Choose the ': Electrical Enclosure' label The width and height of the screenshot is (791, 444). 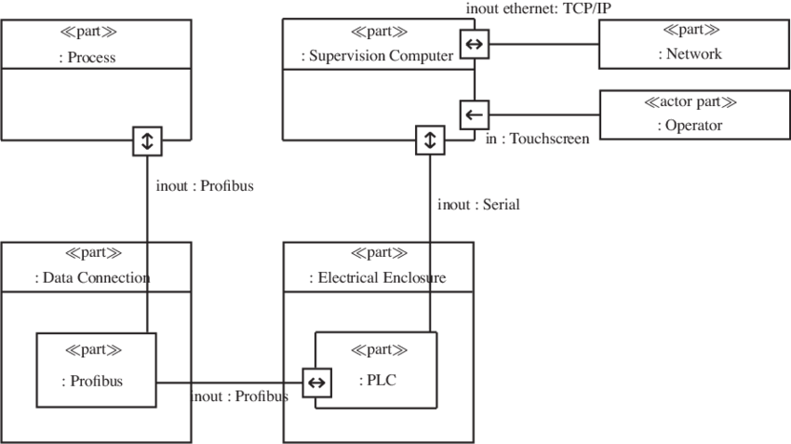pyautogui.click(x=377, y=277)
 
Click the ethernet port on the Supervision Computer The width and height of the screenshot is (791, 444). pyautogui.click(x=474, y=42)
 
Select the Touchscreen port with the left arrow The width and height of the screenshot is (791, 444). pyautogui.click(x=474, y=114)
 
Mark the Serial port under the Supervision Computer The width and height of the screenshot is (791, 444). pyautogui.click(x=429, y=141)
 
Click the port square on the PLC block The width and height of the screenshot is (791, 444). pyautogui.click(x=316, y=381)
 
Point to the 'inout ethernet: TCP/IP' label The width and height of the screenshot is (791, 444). pyautogui.click(x=537, y=8)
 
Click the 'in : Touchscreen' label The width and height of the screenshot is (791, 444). pyautogui.click(x=538, y=139)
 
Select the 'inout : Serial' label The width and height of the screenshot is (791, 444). pyautogui.click(x=478, y=205)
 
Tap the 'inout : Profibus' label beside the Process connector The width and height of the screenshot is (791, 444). pyautogui.click(x=204, y=185)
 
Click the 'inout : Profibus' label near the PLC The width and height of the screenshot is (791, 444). pyautogui.click(x=239, y=396)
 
